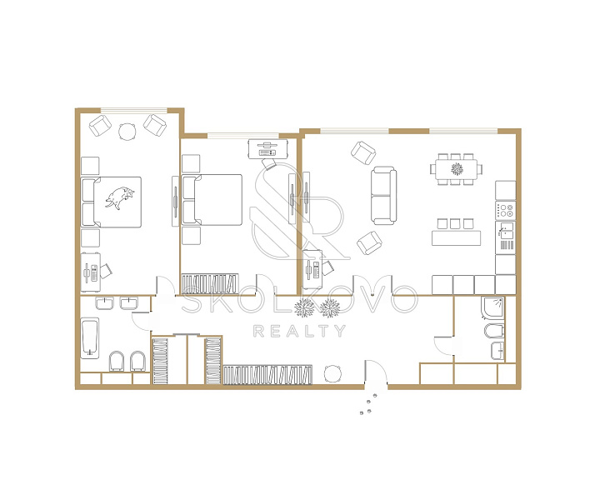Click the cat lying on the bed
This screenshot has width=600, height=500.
click(120, 197)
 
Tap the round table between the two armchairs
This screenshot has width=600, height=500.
click(127, 132)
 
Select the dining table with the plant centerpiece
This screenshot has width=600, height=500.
click(456, 168)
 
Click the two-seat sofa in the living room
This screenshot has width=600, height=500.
click(383, 196)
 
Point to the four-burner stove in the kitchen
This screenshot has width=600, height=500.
click(506, 210)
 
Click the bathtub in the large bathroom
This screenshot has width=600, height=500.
click(90, 338)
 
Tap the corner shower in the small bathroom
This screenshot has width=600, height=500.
click(493, 307)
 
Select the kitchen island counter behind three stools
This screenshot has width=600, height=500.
click(456, 237)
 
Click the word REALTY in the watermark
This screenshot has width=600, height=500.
click(300, 332)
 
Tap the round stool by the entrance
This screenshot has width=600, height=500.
click(332, 373)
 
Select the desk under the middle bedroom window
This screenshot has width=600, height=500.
click(267, 149)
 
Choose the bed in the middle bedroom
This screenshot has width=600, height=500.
click(212, 200)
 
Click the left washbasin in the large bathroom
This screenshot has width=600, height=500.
click(104, 303)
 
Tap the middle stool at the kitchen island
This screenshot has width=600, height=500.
click(455, 223)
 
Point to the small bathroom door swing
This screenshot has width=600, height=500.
click(444, 346)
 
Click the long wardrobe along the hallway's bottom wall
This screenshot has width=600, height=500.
click(267, 375)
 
